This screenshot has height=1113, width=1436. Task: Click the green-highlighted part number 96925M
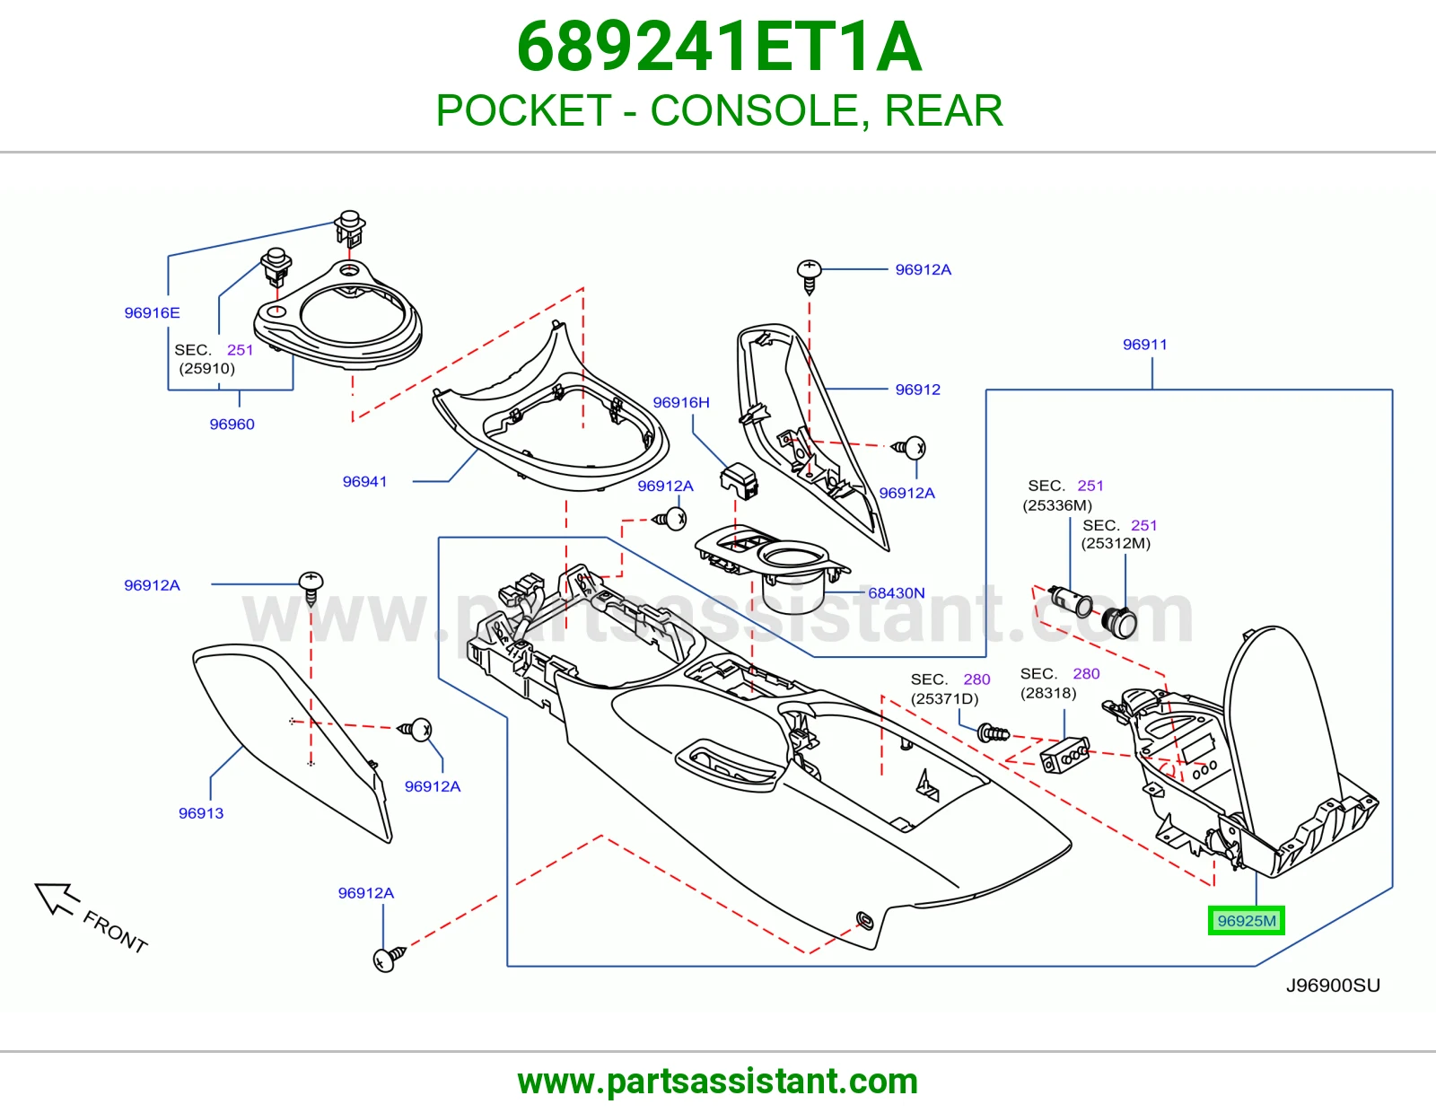click(1247, 921)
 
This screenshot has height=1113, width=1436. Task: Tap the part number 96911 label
click(1144, 345)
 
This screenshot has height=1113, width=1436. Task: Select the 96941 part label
click(364, 481)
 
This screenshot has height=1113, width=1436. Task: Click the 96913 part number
click(201, 813)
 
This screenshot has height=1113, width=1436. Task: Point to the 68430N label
click(896, 592)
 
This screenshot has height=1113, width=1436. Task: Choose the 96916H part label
click(680, 402)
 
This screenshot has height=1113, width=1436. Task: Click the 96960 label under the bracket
click(232, 424)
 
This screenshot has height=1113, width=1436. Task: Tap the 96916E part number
click(152, 312)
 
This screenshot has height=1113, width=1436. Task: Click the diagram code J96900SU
click(1333, 986)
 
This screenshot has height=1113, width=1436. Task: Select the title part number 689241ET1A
click(719, 47)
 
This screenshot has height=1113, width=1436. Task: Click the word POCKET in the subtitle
click(524, 110)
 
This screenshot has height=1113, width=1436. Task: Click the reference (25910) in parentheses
click(206, 368)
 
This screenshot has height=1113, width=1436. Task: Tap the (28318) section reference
click(1048, 693)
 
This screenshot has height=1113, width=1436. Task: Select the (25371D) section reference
click(944, 698)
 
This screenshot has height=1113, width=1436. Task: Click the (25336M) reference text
click(1057, 505)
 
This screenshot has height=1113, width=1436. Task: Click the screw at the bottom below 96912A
click(390, 959)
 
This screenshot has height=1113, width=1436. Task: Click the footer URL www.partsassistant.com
click(718, 1082)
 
